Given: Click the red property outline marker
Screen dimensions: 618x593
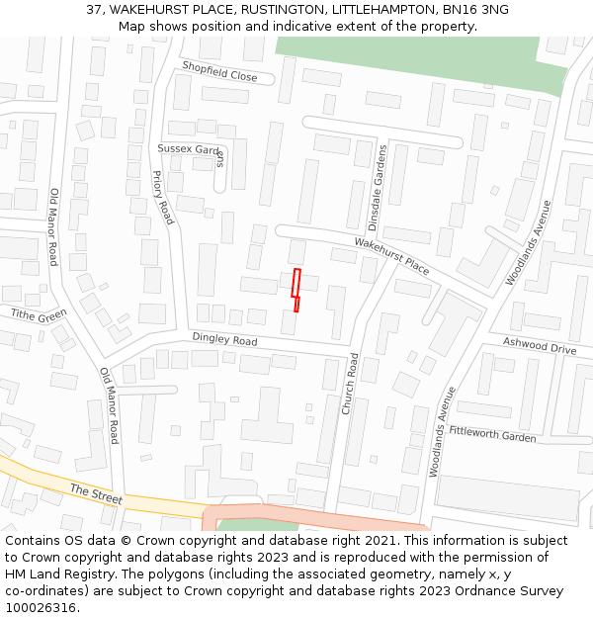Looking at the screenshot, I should [x=296, y=290].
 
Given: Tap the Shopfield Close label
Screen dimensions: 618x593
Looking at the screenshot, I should [x=219, y=71].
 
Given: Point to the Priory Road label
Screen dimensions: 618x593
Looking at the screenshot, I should [x=162, y=197].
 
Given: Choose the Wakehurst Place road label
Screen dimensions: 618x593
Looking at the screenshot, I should [x=392, y=255].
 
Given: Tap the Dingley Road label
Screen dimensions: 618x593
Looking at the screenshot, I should [x=224, y=340].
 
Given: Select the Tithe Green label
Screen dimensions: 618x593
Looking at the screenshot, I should [x=39, y=315].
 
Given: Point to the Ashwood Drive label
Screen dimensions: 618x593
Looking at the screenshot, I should [x=539, y=347].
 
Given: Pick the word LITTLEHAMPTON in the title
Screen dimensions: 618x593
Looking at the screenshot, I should [x=379, y=9].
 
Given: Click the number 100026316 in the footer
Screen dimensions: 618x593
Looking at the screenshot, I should [x=41, y=607].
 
